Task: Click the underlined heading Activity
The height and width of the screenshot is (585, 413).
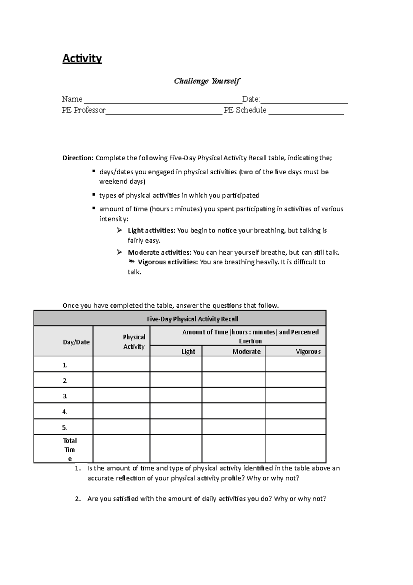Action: pos(82,59)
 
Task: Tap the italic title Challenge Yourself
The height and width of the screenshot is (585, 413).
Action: pos(207,81)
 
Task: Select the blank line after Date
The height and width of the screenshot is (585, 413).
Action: pos(304,101)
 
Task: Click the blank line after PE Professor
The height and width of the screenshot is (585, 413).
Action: pos(164,112)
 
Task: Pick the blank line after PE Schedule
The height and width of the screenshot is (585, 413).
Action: pos(306,112)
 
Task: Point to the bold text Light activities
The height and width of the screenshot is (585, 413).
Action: pos(151,230)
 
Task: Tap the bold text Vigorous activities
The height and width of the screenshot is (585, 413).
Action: pos(168,262)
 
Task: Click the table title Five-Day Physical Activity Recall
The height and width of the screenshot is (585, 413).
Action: pos(192,319)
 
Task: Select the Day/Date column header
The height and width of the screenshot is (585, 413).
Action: pos(76,342)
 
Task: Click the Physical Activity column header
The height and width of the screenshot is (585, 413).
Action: pos(134,342)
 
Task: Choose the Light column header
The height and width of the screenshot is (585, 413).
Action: pos(188,351)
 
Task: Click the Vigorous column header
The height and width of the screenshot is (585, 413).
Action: pos(308,351)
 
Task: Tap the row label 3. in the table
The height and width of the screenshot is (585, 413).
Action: pos(65,396)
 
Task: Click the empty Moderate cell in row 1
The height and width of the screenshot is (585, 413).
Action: pos(233,364)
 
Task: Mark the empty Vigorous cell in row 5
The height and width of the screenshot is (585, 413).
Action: pos(295,427)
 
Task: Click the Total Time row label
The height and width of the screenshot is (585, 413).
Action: pos(70,449)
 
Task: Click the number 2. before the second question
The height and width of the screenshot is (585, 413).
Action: pos(78,499)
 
